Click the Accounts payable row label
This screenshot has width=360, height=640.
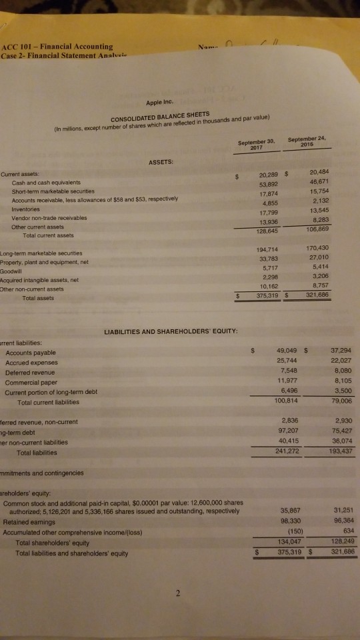[x=31, y=353]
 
